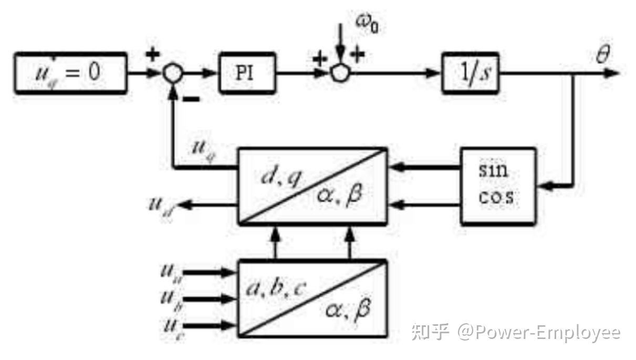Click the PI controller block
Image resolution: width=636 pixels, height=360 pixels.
[246, 74]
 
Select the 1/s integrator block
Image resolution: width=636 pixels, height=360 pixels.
[470, 74]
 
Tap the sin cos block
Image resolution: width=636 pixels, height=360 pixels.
[498, 187]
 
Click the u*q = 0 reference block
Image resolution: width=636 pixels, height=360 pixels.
[70, 73]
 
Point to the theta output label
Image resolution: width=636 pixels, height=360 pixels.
[603, 54]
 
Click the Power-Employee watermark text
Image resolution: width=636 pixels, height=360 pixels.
[538, 332]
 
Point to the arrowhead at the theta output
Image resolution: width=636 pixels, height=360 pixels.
[612, 73]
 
